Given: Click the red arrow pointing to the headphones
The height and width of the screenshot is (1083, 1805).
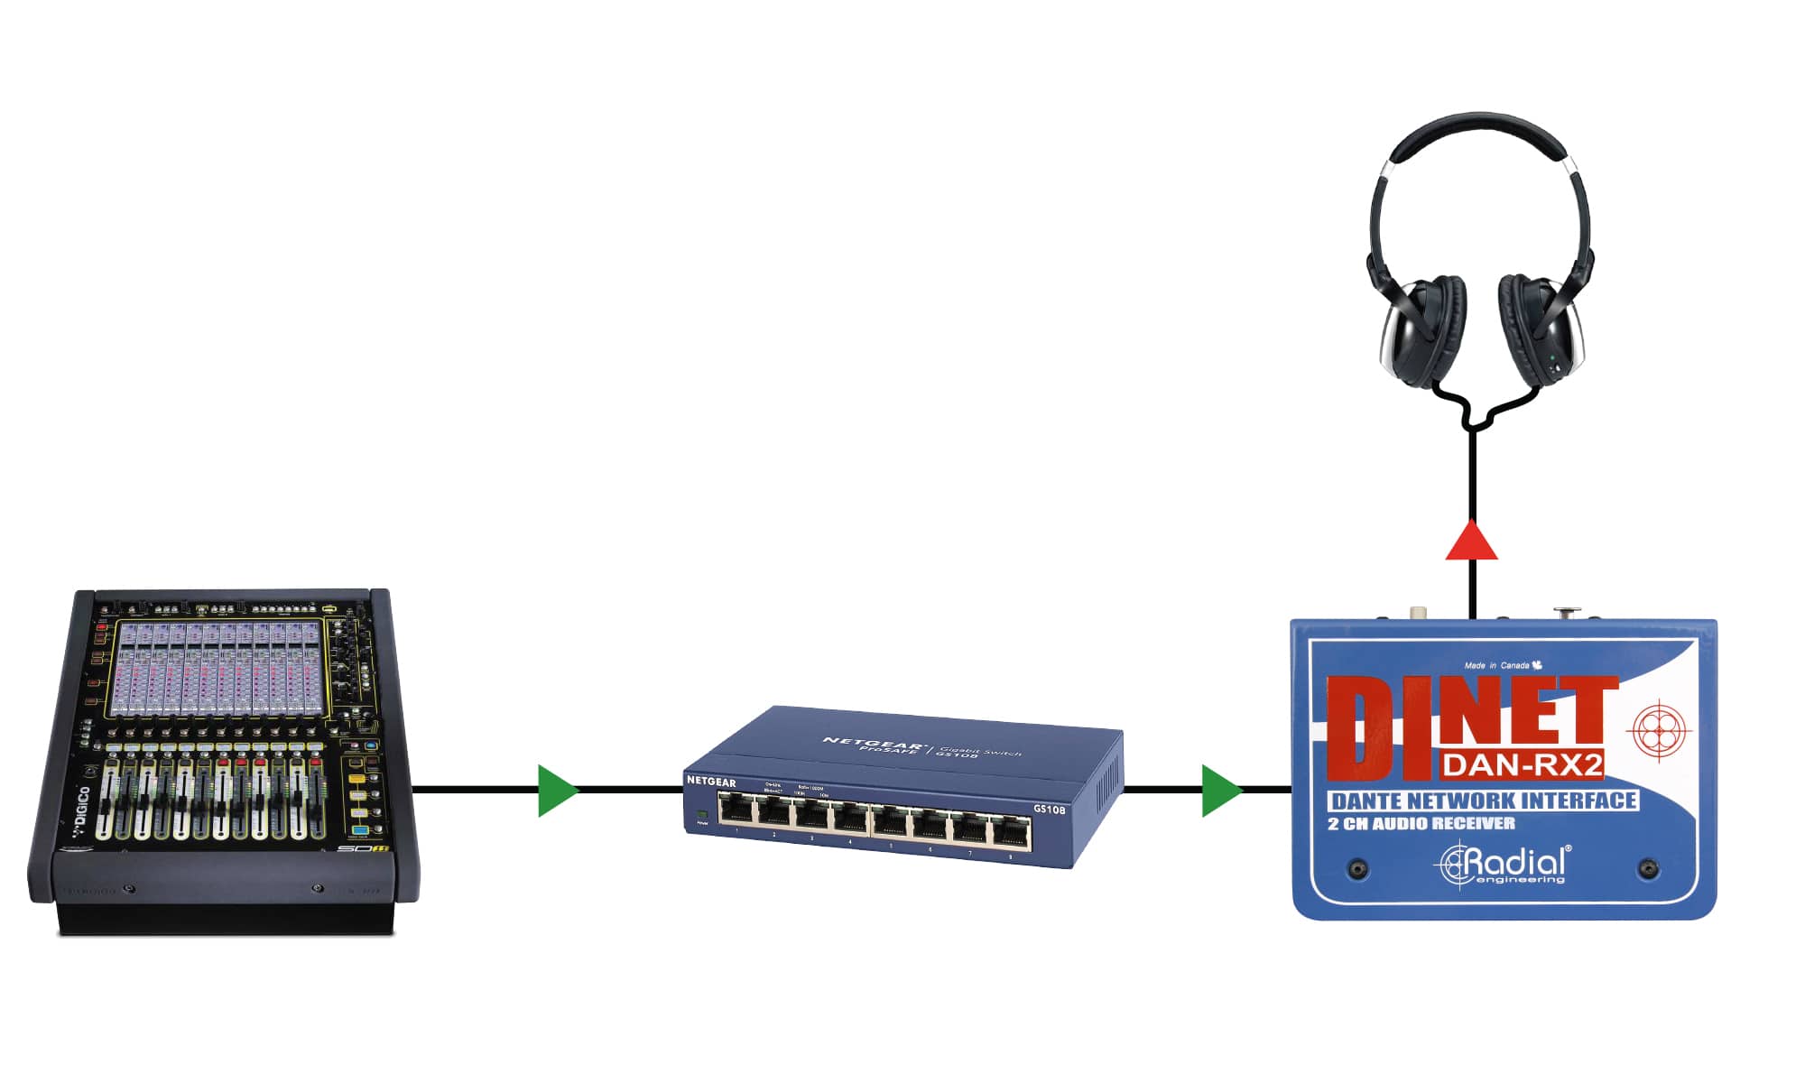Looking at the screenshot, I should tap(1472, 542).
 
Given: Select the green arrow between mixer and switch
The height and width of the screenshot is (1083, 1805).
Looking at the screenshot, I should tap(556, 791).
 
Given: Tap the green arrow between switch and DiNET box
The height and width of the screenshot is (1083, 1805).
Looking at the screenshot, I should tap(1220, 791).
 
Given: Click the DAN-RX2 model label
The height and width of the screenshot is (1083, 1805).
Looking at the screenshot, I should tap(1522, 765).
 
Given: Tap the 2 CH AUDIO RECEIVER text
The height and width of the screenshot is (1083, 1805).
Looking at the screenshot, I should tap(1421, 823).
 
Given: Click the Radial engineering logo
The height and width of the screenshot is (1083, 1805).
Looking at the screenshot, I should tap(1504, 865).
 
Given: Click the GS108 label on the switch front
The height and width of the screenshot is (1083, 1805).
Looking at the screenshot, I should tap(1049, 810).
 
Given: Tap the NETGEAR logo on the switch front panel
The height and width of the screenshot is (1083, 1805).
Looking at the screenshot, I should tap(711, 782).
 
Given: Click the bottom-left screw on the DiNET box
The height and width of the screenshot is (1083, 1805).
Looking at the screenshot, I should tap(1357, 869).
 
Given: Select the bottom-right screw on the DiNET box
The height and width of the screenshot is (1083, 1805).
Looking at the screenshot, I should tap(1649, 869).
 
